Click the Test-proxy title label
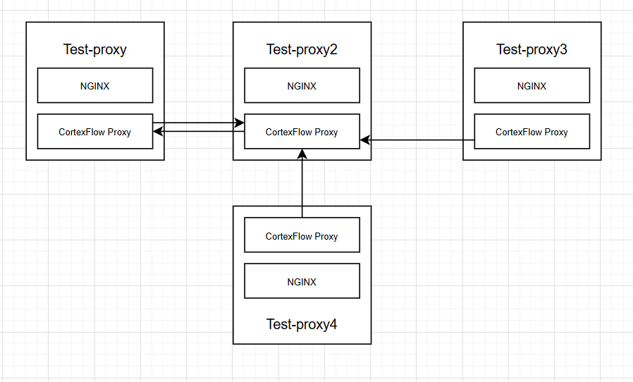[x=94, y=49]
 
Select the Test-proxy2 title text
[x=302, y=49]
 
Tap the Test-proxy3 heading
[x=531, y=49]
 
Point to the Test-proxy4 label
[x=302, y=324]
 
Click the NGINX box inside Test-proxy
[x=94, y=86]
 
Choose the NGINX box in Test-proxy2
[x=302, y=86]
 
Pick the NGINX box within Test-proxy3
[x=531, y=86]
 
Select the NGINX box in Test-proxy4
[x=302, y=281]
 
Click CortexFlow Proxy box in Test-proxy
[x=94, y=132]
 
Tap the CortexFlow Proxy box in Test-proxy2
[x=302, y=132]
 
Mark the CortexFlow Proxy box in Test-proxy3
[x=531, y=132]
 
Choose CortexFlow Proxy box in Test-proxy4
[x=302, y=235]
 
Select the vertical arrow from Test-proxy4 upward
[x=302, y=183]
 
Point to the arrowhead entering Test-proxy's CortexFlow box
[x=159, y=132]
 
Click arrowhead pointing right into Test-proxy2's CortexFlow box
[x=239, y=123]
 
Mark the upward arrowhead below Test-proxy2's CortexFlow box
[x=302, y=154]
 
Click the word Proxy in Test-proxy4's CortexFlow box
[x=326, y=236]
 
